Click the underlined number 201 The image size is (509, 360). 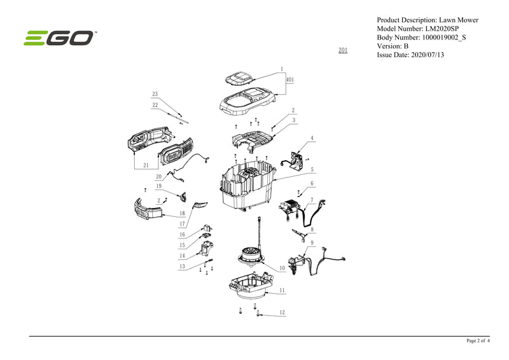click(x=343, y=50)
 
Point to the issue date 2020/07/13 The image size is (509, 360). click(x=429, y=55)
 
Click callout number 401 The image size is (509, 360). click(x=289, y=80)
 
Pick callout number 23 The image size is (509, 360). click(x=155, y=94)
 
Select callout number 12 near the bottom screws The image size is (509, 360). click(x=282, y=312)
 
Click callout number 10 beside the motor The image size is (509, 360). click(x=282, y=268)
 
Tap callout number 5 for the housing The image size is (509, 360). click(x=312, y=170)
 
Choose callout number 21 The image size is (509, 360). click(x=147, y=165)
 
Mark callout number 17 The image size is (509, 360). click(x=182, y=223)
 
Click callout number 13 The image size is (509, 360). click(x=182, y=267)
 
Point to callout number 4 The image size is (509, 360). click(x=312, y=138)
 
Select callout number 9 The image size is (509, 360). click(x=312, y=242)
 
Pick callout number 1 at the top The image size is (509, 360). click(x=281, y=68)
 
